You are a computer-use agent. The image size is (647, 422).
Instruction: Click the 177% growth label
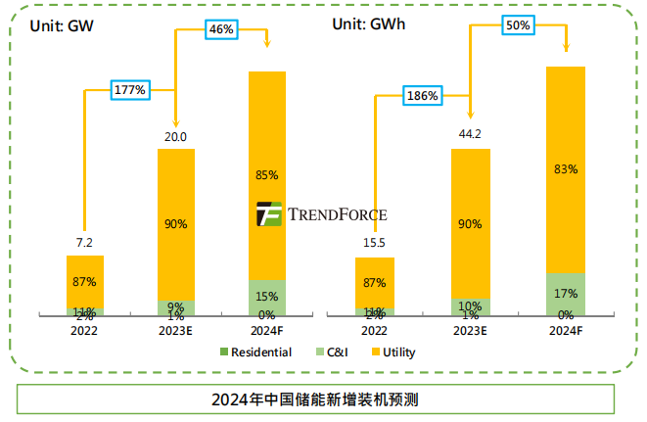pyautogui.click(x=129, y=90)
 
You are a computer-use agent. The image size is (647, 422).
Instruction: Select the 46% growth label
pyautogui.click(x=221, y=29)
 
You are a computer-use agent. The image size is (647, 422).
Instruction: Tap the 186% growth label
pyautogui.click(x=422, y=96)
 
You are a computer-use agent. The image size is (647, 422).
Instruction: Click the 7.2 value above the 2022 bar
pyautogui.click(x=84, y=241)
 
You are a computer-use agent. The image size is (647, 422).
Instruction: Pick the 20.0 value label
pyautogui.click(x=176, y=136)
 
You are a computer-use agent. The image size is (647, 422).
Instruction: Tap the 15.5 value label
pyautogui.click(x=374, y=242)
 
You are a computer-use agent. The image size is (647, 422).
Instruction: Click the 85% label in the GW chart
pyautogui.click(x=267, y=175)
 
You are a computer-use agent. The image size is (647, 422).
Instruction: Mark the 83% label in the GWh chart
pyautogui.click(x=565, y=169)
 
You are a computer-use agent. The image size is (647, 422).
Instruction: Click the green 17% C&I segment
pyautogui.click(x=565, y=293)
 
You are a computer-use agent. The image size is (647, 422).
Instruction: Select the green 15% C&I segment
pyautogui.click(x=267, y=297)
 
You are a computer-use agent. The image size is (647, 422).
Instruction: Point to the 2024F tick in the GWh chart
pyautogui.click(x=565, y=330)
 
